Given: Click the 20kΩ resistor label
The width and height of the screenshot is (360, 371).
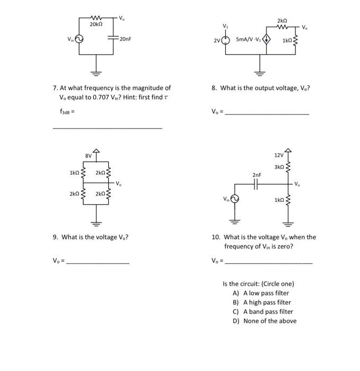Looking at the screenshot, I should (96, 25).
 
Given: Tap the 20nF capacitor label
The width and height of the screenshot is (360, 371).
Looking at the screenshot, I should (125, 39).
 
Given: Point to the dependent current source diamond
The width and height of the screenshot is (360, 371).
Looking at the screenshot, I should (267, 39).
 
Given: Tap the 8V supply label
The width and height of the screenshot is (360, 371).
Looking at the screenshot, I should (89, 155).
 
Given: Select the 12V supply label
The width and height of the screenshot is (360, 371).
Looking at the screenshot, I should (279, 155).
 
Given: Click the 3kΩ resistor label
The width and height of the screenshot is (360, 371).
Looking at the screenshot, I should (279, 167).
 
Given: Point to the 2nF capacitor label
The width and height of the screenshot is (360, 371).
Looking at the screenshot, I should (257, 174).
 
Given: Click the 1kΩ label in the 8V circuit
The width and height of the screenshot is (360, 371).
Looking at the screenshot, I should (74, 173).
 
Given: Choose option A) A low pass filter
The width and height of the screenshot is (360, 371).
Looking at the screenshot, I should (261, 293).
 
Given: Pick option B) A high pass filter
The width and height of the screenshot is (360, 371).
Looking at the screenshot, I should (261, 302).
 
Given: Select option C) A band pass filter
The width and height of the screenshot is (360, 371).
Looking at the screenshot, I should (262, 312).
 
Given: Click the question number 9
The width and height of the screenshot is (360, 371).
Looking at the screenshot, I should (55, 237).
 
